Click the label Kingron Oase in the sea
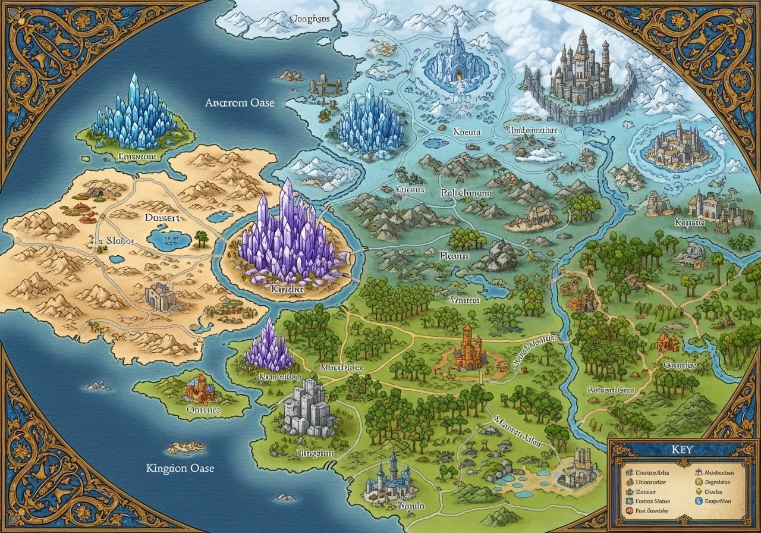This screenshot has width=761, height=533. tap(180, 468)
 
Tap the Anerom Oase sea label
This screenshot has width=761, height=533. tap(240, 103)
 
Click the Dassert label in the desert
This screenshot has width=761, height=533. tap(161, 218)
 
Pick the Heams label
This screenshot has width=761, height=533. tap(454, 256)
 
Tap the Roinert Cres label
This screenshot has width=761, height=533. tap(611, 390)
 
